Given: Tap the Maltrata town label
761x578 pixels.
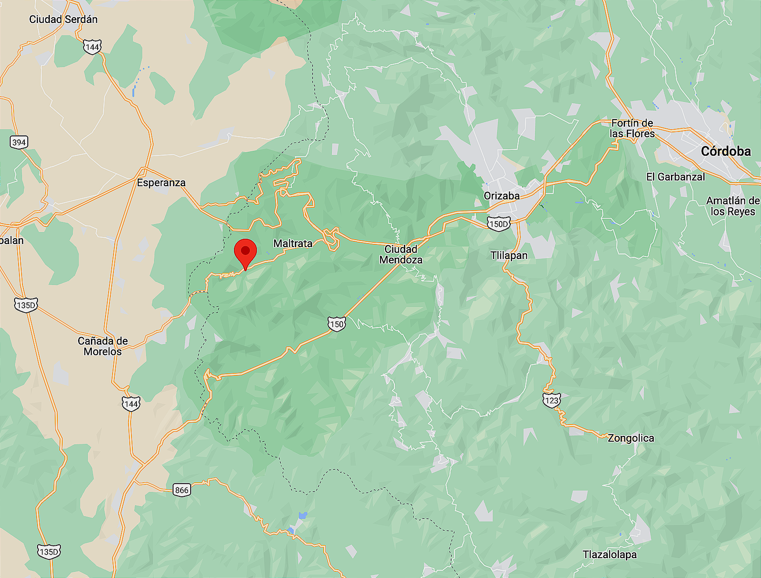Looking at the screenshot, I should pos(293,244).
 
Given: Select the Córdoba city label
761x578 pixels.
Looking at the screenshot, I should pos(726,151).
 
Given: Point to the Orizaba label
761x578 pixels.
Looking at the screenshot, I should pos(501,196).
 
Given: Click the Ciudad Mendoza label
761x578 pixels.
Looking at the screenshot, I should pos(401,255).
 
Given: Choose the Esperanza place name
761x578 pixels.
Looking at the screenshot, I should pos(161,183).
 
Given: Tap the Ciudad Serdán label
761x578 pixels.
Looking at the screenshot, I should pos(63,19).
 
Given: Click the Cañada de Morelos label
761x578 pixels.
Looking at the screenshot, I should pos(103,346).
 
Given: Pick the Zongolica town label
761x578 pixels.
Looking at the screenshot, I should pos(631,438).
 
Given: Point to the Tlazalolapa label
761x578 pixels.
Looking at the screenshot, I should pos(610,555).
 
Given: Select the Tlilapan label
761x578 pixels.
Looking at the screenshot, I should pos(509,255).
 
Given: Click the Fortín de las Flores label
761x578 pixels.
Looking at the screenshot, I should pos(632,128).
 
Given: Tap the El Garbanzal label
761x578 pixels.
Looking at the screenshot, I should pos(675,177).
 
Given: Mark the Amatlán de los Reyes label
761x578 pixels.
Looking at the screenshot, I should pos(733,206).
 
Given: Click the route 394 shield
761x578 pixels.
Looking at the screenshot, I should pos(19,142).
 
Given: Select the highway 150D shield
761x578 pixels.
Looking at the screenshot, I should pos(498,224).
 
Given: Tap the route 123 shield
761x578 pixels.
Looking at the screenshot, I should pos(551,400).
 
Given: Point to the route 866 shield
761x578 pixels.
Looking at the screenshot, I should pos(182,490).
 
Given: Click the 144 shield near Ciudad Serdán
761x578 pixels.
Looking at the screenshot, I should pos(92,47).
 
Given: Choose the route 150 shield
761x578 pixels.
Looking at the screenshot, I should pos(336,324).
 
